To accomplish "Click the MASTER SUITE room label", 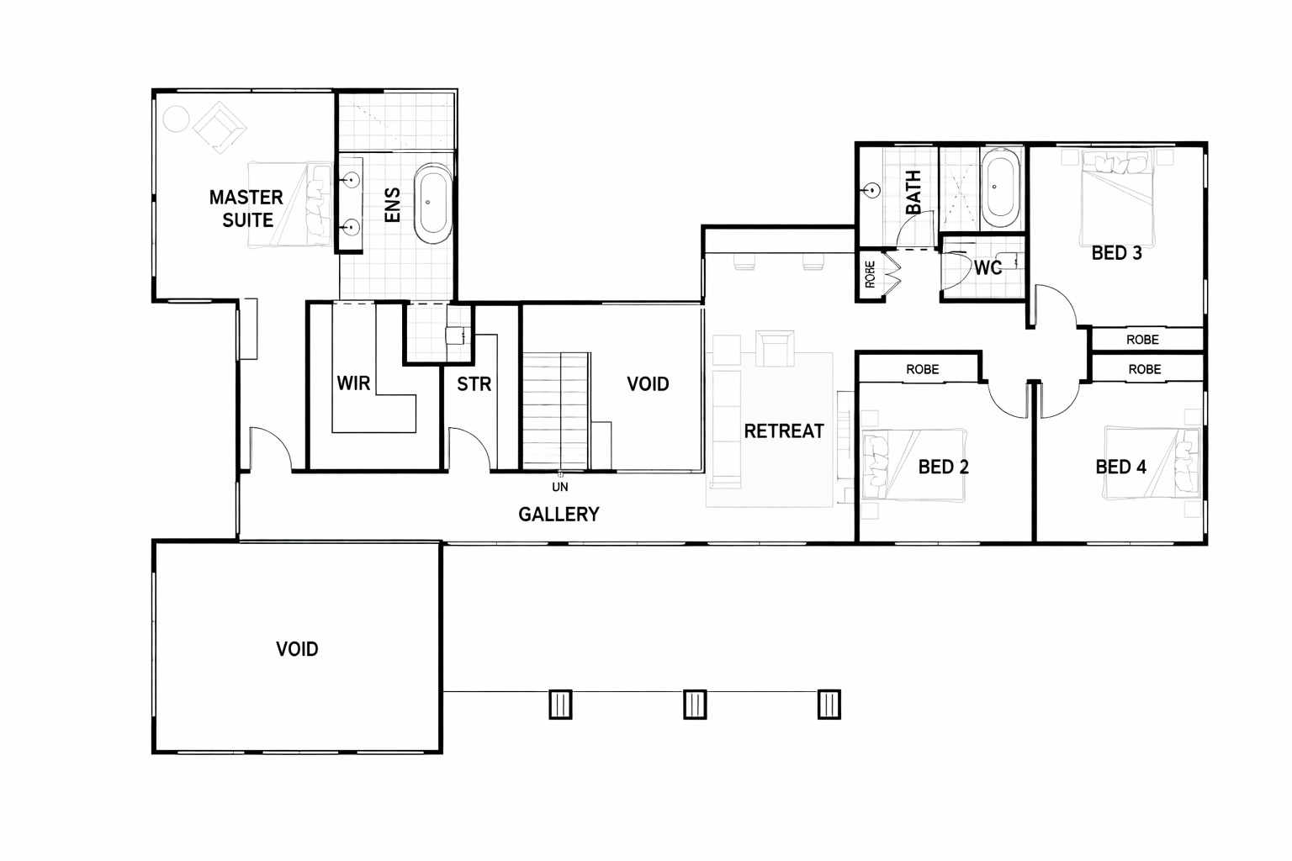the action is [x=246, y=209].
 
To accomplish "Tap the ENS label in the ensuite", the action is [x=392, y=204].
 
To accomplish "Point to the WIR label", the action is [x=353, y=383].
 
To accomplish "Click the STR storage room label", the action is [x=474, y=384].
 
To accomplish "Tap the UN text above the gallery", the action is [x=560, y=488].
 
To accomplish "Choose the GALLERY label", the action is [x=559, y=515].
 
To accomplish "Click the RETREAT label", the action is [x=784, y=431].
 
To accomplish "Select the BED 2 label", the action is [x=944, y=467].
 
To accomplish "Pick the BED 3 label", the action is [x=1117, y=253].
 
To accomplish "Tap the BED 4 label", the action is [x=1120, y=467].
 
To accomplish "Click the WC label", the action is [x=988, y=267].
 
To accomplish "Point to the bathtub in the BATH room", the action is [x=1001, y=188].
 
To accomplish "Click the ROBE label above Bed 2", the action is [x=922, y=370].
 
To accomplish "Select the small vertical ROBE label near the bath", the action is [x=871, y=274].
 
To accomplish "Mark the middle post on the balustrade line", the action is [x=695, y=704].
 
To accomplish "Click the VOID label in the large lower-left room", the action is [x=297, y=649].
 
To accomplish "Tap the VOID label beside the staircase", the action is [x=648, y=384].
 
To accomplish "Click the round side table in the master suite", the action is [x=176, y=119].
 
